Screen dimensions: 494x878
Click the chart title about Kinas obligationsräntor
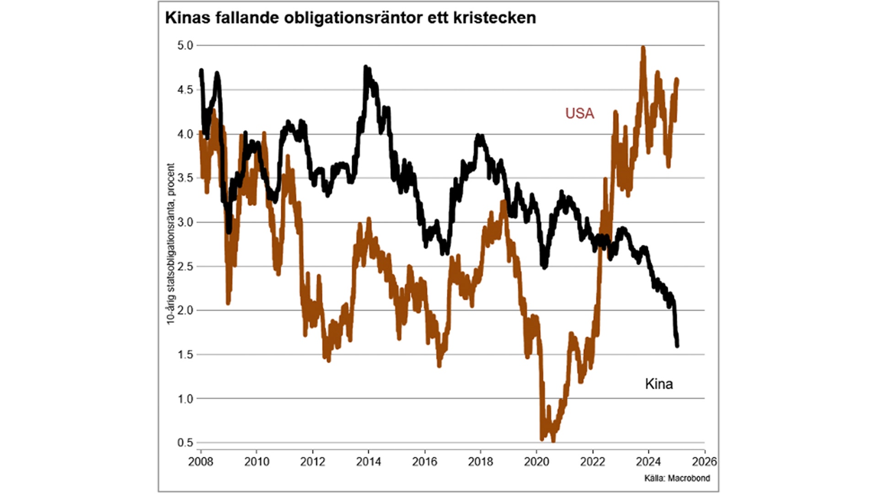350,18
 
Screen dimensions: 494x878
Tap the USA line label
579,113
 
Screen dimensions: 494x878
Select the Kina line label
658,384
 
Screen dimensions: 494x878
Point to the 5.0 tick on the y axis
185,45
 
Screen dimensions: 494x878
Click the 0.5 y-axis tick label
185,442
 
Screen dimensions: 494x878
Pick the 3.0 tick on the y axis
185,222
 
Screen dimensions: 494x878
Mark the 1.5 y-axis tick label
185,354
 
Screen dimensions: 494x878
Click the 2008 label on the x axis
201,462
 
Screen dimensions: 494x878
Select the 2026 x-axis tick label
704,462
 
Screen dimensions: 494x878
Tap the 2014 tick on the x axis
369,462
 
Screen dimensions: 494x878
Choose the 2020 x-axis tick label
536,462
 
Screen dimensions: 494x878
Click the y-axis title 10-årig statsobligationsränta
171,244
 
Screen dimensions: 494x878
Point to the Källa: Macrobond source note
677,478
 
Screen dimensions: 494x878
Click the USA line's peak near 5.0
643,48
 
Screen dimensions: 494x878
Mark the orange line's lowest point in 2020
553,440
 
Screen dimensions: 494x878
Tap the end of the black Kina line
677,345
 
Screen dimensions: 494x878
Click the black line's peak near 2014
366,68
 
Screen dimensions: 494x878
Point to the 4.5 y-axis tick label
185,90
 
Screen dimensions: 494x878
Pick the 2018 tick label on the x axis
480,462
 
